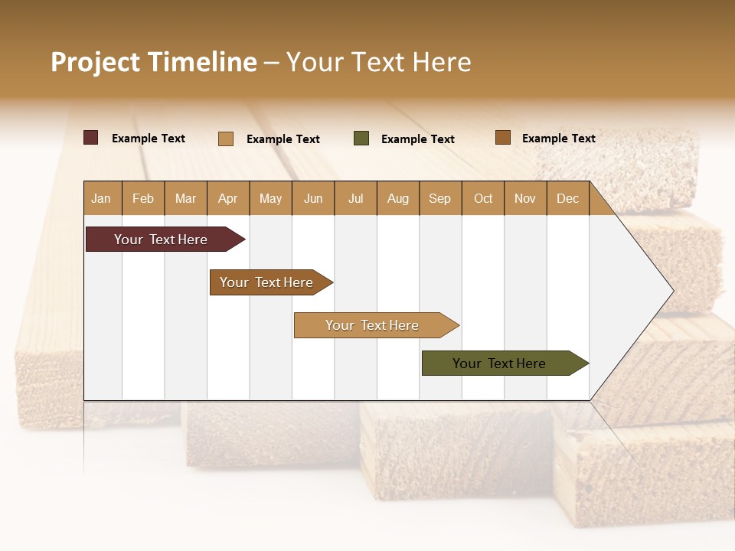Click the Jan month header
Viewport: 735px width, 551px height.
(x=101, y=198)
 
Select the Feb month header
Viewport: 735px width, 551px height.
(x=143, y=198)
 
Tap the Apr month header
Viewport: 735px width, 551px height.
(x=227, y=198)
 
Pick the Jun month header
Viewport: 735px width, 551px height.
(x=313, y=198)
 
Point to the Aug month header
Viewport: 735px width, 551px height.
(x=398, y=198)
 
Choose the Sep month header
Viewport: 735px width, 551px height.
(x=439, y=198)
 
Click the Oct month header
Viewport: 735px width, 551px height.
(x=483, y=198)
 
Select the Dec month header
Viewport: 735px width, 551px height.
(x=567, y=198)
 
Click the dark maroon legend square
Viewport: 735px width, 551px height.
(x=91, y=138)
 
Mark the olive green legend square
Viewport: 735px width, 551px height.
(x=361, y=139)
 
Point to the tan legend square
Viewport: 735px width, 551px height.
(x=226, y=139)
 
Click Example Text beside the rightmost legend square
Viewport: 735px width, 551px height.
(x=558, y=138)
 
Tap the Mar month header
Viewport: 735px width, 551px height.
(x=185, y=198)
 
